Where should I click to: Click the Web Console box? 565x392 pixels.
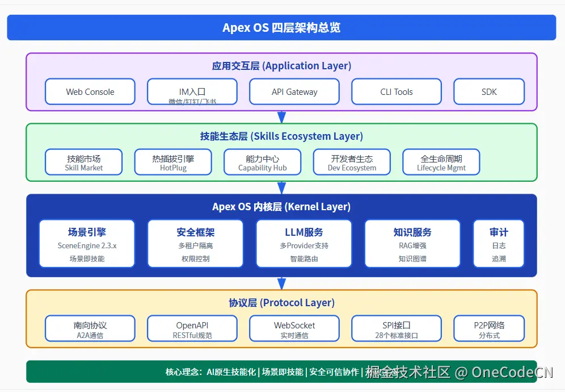[90, 91]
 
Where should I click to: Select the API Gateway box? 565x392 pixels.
[294, 91]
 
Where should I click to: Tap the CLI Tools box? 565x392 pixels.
[396, 91]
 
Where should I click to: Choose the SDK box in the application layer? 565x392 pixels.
[488, 91]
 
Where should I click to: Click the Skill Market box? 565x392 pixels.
[83, 162]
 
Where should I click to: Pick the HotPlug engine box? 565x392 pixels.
[172, 162]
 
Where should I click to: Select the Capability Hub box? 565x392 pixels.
[262, 162]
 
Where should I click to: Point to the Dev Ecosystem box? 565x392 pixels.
[352, 162]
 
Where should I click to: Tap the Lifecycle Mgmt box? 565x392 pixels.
[441, 162]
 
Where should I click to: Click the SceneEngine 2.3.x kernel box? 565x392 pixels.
[87, 244]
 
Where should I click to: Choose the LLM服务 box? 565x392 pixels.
[303, 244]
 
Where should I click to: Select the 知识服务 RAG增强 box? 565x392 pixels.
[412, 244]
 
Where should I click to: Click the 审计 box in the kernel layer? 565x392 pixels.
[499, 244]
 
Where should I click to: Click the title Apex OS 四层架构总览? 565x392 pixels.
[281, 28]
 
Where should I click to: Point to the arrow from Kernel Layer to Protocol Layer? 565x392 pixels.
[281, 283]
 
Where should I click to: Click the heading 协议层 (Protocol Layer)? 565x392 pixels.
[281, 303]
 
